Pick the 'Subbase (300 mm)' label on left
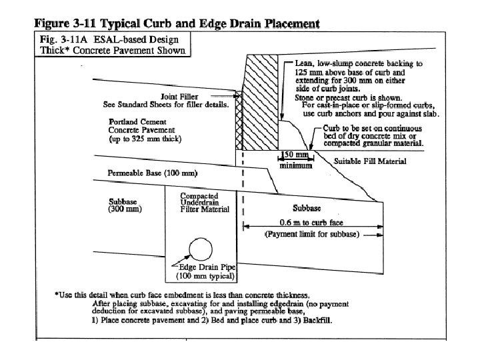click(x=125, y=205)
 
